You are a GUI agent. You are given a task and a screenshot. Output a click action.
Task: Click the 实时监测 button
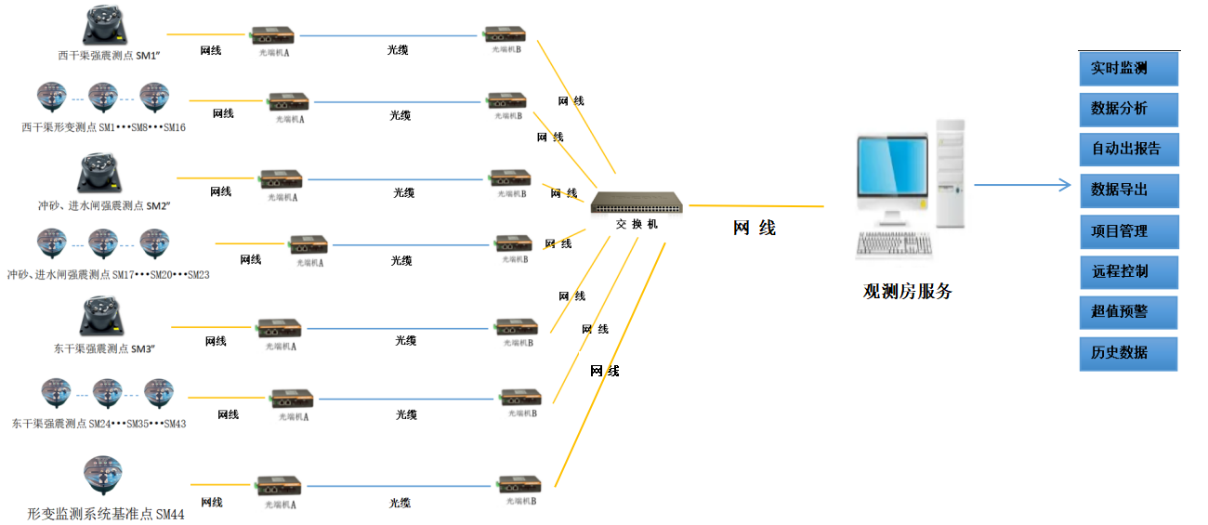[x=1128, y=69]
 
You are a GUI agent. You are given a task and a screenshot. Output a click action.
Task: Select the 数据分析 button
[x=1128, y=110]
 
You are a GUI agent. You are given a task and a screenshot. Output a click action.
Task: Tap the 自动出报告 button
[x=1128, y=150]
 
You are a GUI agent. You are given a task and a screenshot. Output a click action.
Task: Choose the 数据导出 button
[x=1128, y=190]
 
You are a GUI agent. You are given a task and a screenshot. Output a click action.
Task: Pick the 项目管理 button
[x=1128, y=231]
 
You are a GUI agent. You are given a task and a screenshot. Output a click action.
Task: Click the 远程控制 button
[x=1128, y=272]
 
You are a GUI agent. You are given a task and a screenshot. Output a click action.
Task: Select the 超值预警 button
[x=1128, y=312]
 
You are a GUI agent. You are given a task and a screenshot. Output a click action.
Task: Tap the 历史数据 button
[x=1128, y=353]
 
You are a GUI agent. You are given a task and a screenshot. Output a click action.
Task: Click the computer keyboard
[x=894, y=244]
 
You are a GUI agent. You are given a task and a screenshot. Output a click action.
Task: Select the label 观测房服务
[x=908, y=292]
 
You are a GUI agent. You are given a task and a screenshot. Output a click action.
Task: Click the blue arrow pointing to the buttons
[x=1022, y=185]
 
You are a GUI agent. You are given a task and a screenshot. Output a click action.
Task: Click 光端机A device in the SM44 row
[x=280, y=486]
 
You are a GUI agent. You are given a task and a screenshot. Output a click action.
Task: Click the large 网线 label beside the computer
[x=755, y=228]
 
